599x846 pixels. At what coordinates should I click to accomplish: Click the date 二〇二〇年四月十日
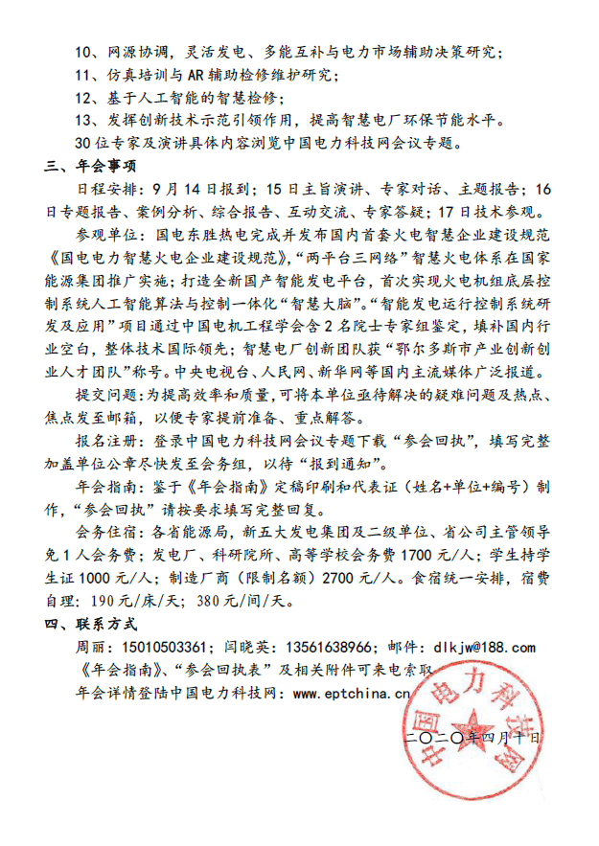click(473, 738)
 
